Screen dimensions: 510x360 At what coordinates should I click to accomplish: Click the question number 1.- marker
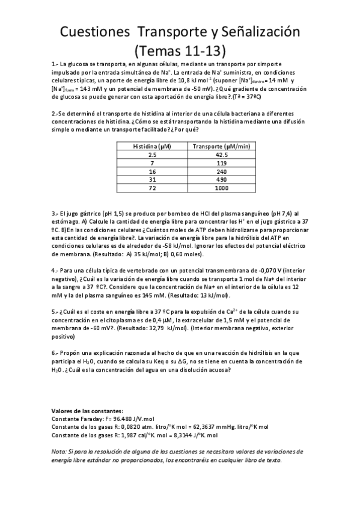55,64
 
